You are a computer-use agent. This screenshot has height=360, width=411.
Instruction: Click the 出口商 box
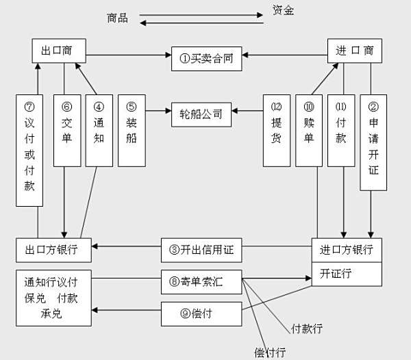pyautogui.click(x=59, y=51)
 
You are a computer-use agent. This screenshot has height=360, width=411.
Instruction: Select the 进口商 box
pyautogui.click(x=355, y=51)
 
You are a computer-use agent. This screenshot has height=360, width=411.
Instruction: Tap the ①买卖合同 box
pyautogui.click(x=207, y=59)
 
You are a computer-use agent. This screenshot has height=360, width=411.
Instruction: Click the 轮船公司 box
pyautogui.click(x=201, y=115)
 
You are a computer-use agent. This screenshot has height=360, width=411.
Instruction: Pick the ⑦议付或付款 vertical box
pyautogui.click(x=29, y=151)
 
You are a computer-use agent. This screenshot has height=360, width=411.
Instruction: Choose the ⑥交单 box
pyautogui.click(x=67, y=131)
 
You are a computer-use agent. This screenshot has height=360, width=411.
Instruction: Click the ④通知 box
pyautogui.click(x=99, y=131)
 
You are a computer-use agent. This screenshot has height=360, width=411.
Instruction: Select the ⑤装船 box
pyautogui.click(x=132, y=131)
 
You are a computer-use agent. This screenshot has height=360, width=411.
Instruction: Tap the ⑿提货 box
pyautogui.click(x=277, y=131)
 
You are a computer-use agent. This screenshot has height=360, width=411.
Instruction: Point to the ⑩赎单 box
pyautogui.click(x=309, y=131)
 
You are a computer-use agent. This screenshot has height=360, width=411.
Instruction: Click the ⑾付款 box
pyautogui.click(x=341, y=131)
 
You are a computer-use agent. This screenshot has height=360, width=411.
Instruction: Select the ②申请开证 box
pyautogui.click(x=373, y=142)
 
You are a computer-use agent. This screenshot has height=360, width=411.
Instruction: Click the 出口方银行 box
pyautogui.click(x=53, y=250)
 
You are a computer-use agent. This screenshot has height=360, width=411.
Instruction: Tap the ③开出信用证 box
pyautogui.click(x=201, y=250)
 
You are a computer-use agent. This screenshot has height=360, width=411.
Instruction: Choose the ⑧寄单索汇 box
pyautogui.click(x=201, y=282)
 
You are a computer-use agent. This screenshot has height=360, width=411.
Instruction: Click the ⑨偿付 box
pyautogui.click(x=201, y=314)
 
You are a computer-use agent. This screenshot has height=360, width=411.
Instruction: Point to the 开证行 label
pyautogui.click(x=336, y=274)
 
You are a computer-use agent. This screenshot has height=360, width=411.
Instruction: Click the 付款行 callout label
pyautogui.click(x=307, y=329)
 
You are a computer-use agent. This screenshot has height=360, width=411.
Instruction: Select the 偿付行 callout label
pyautogui.click(x=270, y=352)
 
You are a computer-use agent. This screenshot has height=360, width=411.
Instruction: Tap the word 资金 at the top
pyautogui.click(x=283, y=10)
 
